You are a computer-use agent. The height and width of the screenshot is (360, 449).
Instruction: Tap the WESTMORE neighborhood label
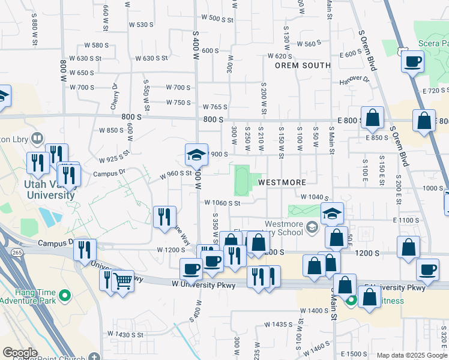click(282, 182)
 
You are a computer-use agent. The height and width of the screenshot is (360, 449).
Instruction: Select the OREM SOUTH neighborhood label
click(303, 65)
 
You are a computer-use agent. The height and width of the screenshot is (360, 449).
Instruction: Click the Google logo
click(20, 353)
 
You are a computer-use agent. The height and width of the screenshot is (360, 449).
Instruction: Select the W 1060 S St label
click(222, 203)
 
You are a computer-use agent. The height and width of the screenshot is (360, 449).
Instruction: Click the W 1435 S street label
click(281, 324)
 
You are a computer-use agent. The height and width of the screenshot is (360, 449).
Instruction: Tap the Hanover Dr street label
click(354, 80)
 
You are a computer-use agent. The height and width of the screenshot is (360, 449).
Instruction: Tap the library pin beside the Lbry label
click(38, 139)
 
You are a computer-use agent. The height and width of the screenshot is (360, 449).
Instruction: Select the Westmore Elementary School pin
click(312, 227)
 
